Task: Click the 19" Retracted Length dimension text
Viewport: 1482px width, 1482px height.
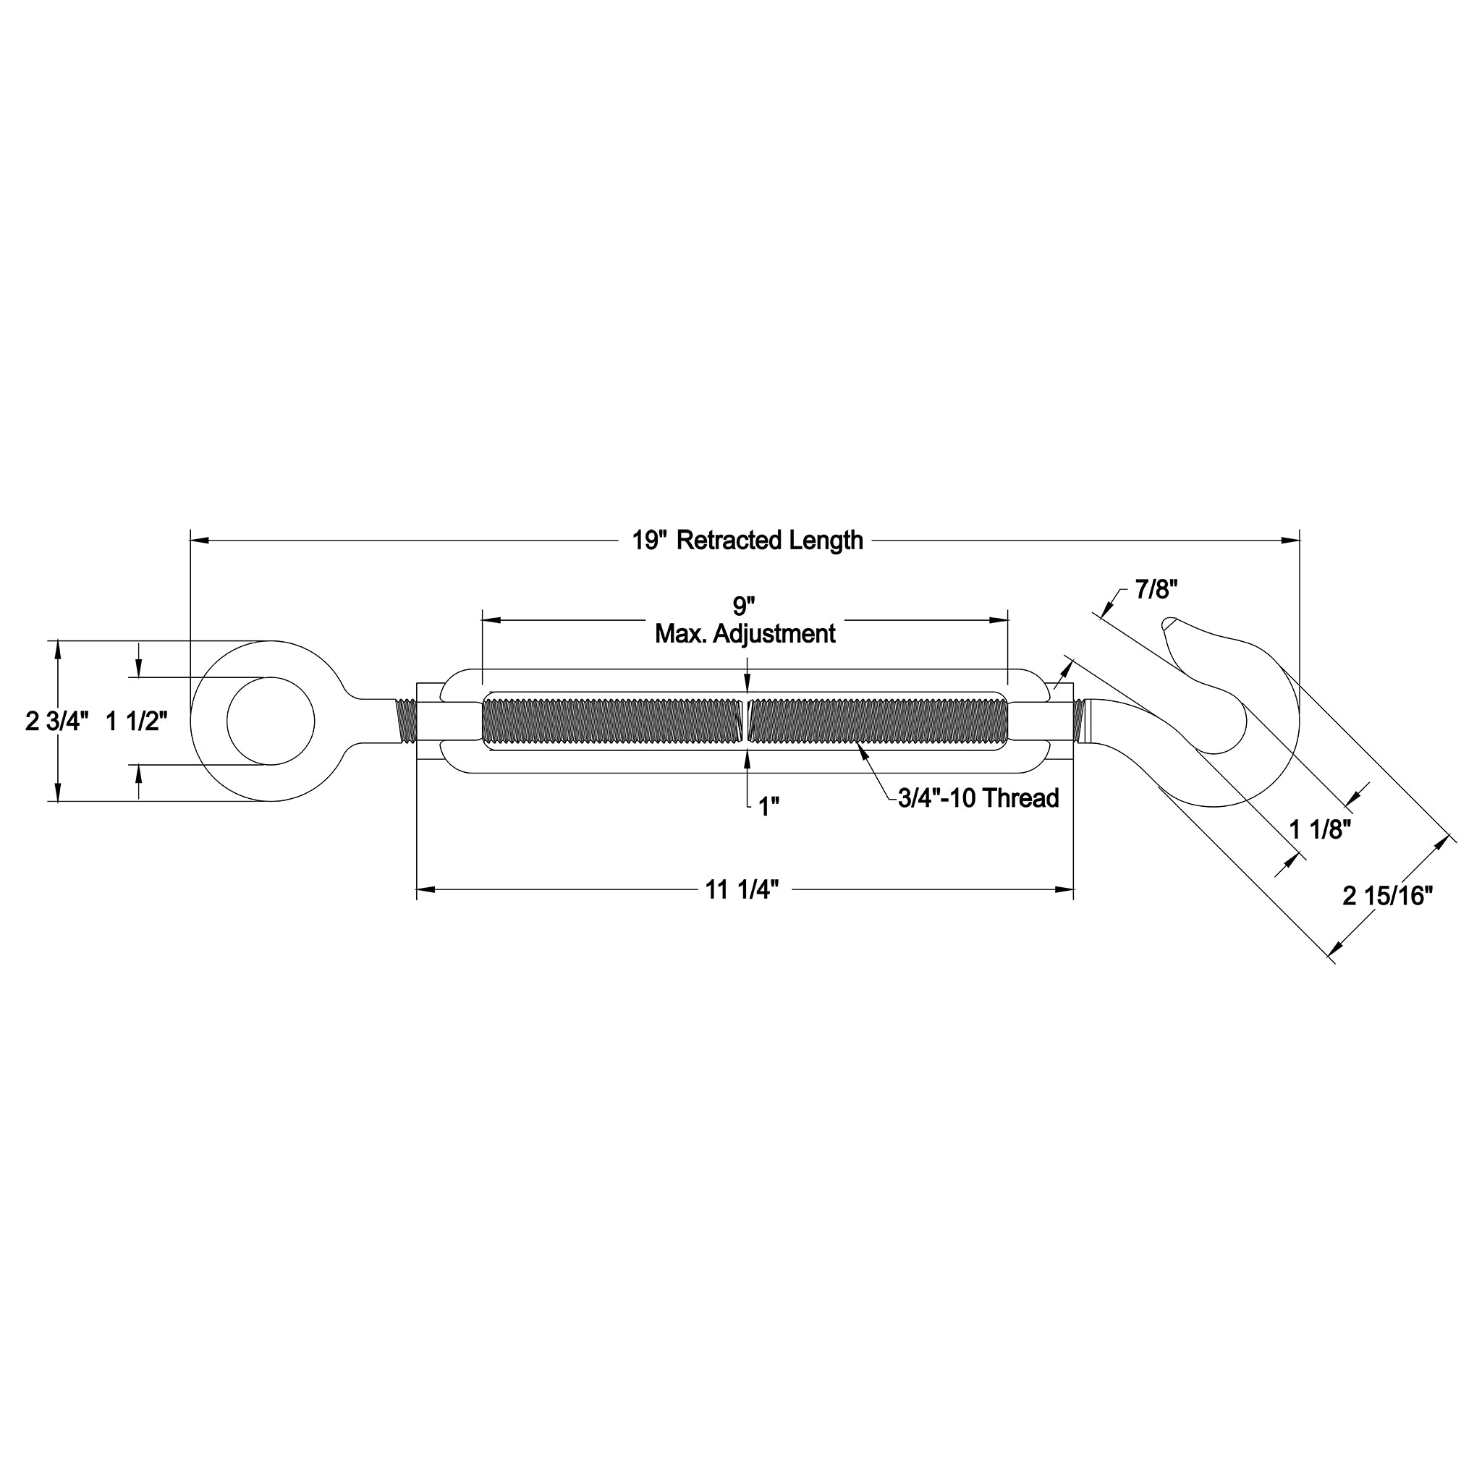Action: [x=747, y=541]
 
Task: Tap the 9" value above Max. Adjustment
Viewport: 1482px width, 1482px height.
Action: [x=743, y=606]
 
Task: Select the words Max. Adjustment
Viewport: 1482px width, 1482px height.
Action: [x=745, y=634]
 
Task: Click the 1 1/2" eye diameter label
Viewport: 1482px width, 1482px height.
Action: [x=136, y=721]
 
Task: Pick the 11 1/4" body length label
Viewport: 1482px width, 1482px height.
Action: [x=742, y=890]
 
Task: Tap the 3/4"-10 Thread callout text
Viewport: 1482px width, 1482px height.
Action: [x=978, y=799]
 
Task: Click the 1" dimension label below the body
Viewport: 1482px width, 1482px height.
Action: [x=768, y=806]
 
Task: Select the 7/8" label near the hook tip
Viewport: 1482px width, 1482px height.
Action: [x=1156, y=590]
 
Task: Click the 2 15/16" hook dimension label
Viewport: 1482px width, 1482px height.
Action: [x=1388, y=895]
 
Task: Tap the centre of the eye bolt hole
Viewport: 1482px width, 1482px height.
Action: [x=271, y=721]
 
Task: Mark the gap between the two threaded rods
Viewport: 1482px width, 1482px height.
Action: [x=746, y=721]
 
